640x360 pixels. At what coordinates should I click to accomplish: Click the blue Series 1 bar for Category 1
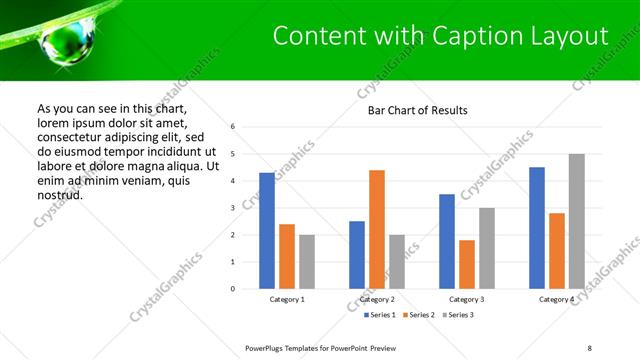point(267,231)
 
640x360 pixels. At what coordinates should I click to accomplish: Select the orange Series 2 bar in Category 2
point(377,229)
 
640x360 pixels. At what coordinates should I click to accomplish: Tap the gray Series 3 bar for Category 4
point(577,221)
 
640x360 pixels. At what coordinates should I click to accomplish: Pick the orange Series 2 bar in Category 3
point(467,264)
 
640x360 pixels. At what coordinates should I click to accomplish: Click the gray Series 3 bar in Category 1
point(307,262)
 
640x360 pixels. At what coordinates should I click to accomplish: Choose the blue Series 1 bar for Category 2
point(357,255)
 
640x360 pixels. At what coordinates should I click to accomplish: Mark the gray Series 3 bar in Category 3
point(487,248)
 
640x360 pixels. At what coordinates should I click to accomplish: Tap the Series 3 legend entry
point(457,315)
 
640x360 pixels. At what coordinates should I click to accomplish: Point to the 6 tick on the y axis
point(232,127)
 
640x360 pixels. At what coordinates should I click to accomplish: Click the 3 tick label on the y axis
point(232,208)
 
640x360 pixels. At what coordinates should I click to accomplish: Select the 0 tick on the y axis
point(232,289)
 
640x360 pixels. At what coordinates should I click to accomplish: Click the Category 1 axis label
point(287,299)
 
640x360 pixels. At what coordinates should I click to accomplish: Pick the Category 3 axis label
point(467,299)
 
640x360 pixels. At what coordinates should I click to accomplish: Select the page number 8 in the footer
point(590,348)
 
